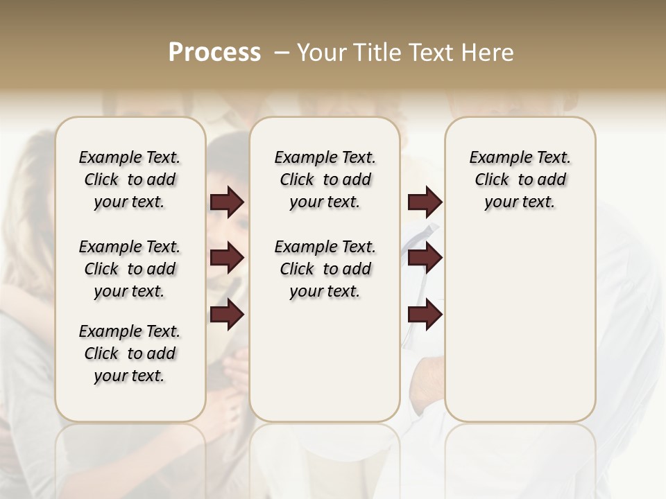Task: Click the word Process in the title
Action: tap(214, 52)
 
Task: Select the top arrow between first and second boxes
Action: tap(227, 202)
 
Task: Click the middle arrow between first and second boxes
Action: tap(227, 258)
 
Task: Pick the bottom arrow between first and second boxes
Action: tap(227, 314)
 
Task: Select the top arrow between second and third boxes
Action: tap(425, 202)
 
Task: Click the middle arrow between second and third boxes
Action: tap(425, 258)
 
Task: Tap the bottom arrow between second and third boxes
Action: tap(425, 314)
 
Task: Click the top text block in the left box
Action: tap(130, 180)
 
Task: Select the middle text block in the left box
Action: tap(130, 269)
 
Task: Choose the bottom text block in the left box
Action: tap(130, 353)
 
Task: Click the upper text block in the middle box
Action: tap(325, 180)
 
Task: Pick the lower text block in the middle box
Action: tap(325, 269)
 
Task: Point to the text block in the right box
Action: tap(520, 180)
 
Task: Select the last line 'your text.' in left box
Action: tap(130, 376)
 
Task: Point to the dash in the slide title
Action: tap(282, 53)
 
